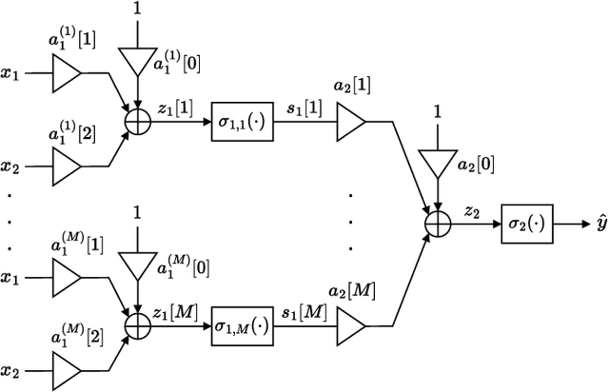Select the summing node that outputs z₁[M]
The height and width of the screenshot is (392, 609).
coord(139,328)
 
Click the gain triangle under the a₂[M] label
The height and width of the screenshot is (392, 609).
coord(351,328)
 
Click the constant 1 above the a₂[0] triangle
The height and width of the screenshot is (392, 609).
coord(437,112)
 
